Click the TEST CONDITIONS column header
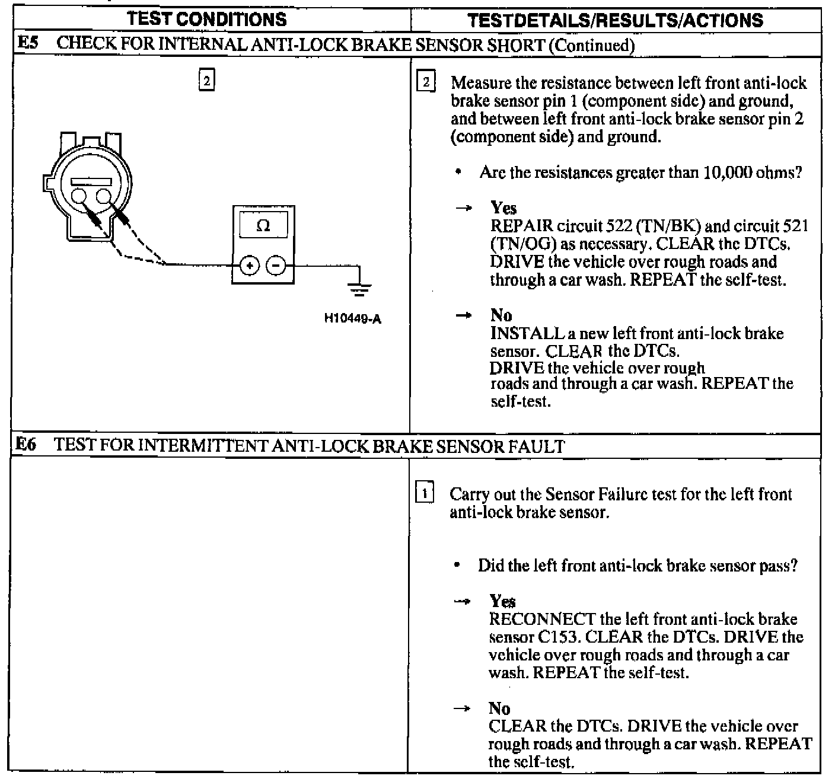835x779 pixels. [x=207, y=20]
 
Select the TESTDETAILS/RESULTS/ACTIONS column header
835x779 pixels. [x=615, y=21]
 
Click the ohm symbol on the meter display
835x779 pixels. [x=263, y=226]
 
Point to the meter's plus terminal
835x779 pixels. [x=250, y=266]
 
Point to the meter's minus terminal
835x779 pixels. [x=275, y=266]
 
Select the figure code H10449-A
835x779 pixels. [x=352, y=319]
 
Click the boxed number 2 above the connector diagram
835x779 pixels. [x=206, y=80]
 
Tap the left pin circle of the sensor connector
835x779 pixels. [x=79, y=197]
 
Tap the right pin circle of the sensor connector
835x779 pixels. [x=104, y=197]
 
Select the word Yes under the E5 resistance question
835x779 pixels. [x=503, y=208]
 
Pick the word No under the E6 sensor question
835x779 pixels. [x=499, y=708]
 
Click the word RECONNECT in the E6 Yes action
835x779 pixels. [x=542, y=620]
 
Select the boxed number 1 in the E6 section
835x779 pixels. [x=426, y=493]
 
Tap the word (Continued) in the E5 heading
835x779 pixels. [x=591, y=45]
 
